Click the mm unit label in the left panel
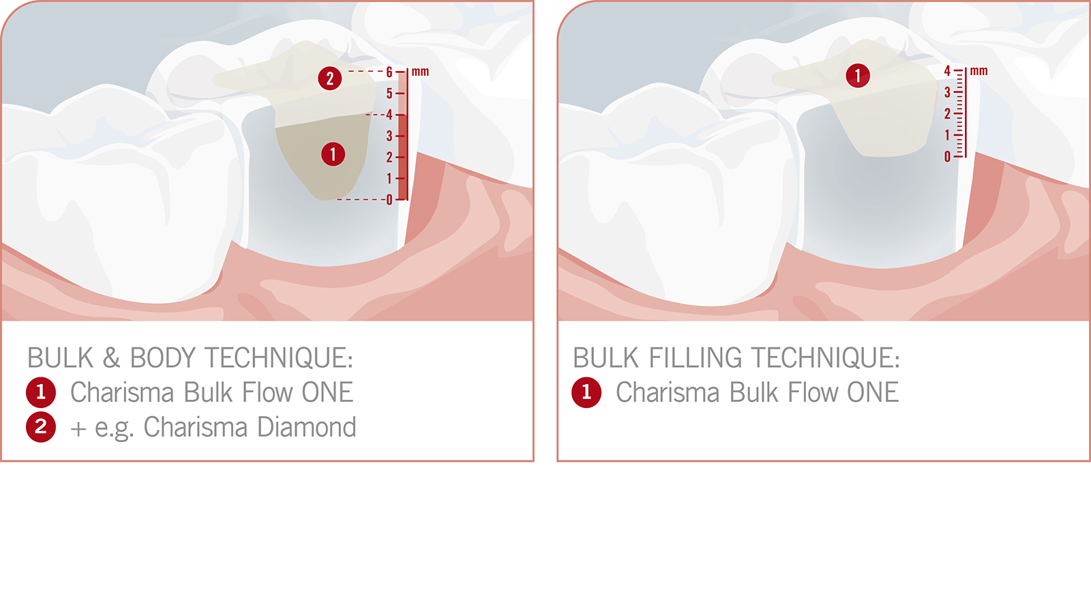point(420,72)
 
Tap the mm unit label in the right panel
point(978,71)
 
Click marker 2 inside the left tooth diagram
point(330,78)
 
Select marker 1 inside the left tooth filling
point(333,154)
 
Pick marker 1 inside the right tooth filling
point(858,75)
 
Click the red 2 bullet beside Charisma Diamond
point(41,427)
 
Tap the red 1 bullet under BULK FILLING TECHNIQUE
point(586,392)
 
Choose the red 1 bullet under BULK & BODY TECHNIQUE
point(41,392)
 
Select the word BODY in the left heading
point(163,358)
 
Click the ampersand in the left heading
point(111,358)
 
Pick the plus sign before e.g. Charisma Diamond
point(78,428)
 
